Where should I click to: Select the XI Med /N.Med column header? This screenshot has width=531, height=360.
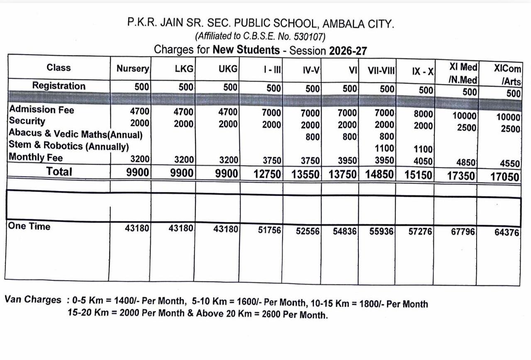(x=463, y=73)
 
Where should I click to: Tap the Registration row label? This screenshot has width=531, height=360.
(x=59, y=86)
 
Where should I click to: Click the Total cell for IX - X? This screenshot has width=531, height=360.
(x=419, y=175)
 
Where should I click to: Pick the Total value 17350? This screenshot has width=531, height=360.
(x=460, y=176)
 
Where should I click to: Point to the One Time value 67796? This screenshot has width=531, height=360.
(x=463, y=231)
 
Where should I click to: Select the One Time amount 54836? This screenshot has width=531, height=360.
(x=345, y=231)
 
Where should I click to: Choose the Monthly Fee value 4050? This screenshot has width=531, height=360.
(x=423, y=161)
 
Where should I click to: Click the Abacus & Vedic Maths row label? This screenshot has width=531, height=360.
(x=76, y=134)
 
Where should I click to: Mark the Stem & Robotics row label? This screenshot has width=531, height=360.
(x=68, y=146)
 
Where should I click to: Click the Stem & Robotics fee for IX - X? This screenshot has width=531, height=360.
(x=423, y=149)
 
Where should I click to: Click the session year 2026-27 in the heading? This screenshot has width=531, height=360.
(x=348, y=51)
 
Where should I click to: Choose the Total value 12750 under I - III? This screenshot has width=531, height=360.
(x=267, y=174)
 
